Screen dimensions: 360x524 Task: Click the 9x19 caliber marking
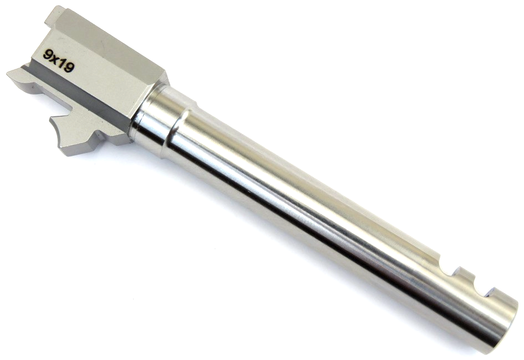[x=59, y=62]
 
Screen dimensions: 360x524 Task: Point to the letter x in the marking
[x=55, y=59]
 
